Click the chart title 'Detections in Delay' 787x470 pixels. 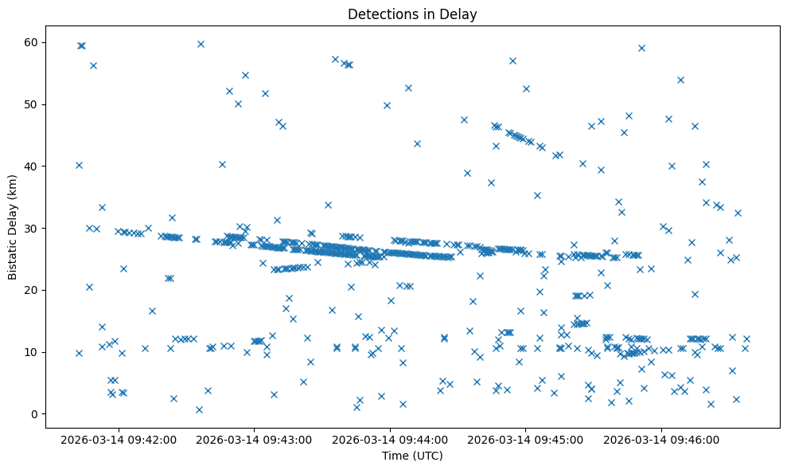tap(412, 14)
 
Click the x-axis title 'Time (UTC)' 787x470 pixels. tap(412, 456)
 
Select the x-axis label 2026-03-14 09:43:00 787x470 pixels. tap(255, 439)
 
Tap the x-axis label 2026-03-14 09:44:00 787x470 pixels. tap(390, 439)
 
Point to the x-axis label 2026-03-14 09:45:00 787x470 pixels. tap(525, 439)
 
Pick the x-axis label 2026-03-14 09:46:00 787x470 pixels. tap(660, 439)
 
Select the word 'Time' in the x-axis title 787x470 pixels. tap(395, 456)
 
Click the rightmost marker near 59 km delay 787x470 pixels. tap(641, 48)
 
